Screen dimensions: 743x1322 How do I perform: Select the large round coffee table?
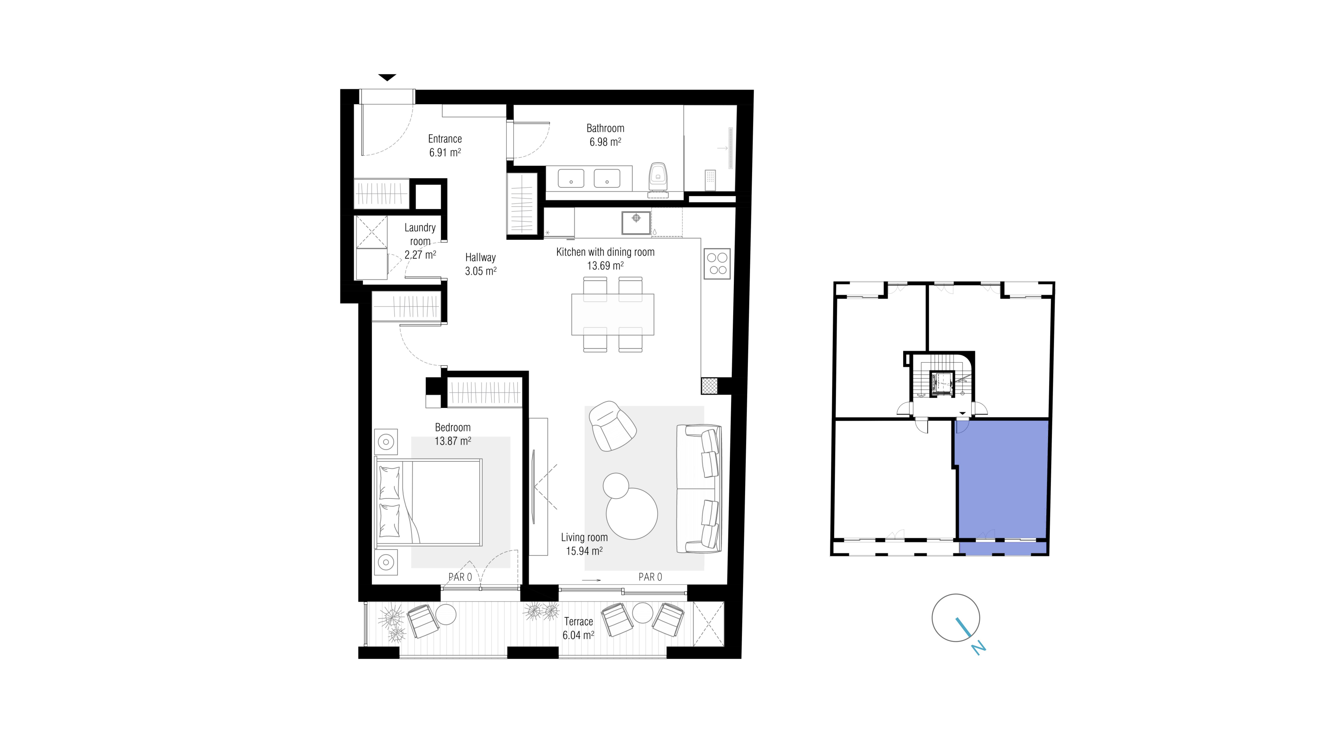point(632,513)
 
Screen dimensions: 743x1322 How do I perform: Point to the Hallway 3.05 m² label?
point(480,264)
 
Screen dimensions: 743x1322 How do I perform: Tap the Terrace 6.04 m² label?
point(578,628)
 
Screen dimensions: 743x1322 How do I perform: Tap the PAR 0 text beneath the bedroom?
point(460,577)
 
